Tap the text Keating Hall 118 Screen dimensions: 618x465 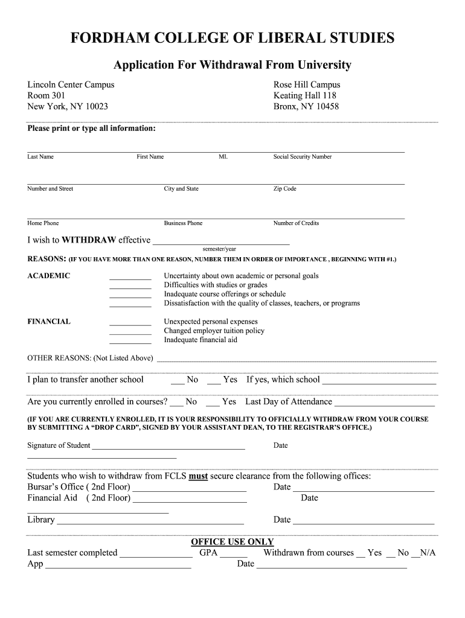(305, 95)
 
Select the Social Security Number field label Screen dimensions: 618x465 (303, 157)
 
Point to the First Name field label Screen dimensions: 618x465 (150, 157)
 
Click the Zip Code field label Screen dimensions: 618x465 (285, 189)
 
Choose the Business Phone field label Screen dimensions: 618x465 (183, 223)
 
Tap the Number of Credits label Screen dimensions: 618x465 (296, 223)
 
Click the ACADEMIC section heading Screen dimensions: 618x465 (49, 276)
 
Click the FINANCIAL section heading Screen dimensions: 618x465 (49, 322)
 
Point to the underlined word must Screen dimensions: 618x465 (198, 476)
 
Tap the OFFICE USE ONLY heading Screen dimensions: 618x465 (232, 542)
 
